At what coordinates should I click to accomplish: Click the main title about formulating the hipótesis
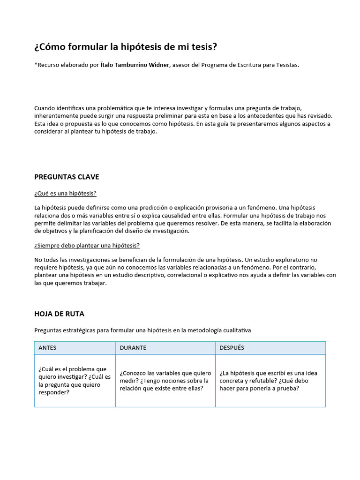pyautogui.click(x=126, y=47)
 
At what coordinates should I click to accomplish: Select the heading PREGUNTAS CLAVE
pyautogui.click(x=67, y=177)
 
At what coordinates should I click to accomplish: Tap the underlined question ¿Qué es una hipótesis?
pyautogui.click(x=65, y=193)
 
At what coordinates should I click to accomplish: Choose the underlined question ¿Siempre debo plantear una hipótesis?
pyautogui.click(x=87, y=245)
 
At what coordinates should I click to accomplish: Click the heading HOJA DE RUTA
pyautogui.click(x=59, y=314)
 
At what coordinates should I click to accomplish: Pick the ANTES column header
pyautogui.click(x=47, y=348)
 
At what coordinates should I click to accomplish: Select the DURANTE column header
pyautogui.click(x=133, y=348)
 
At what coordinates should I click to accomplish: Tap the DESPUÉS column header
pyautogui.click(x=232, y=348)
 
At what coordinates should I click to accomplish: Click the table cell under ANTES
pyautogui.click(x=75, y=381)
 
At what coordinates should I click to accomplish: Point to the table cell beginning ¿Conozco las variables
pyautogui.click(x=165, y=381)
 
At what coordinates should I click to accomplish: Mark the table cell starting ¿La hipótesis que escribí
pyautogui.click(x=270, y=381)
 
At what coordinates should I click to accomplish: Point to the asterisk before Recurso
pyautogui.click(x=36, y=65)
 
